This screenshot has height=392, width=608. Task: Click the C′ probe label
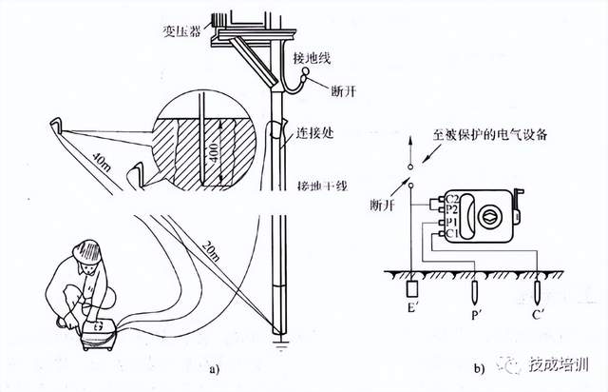coord(539,310)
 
